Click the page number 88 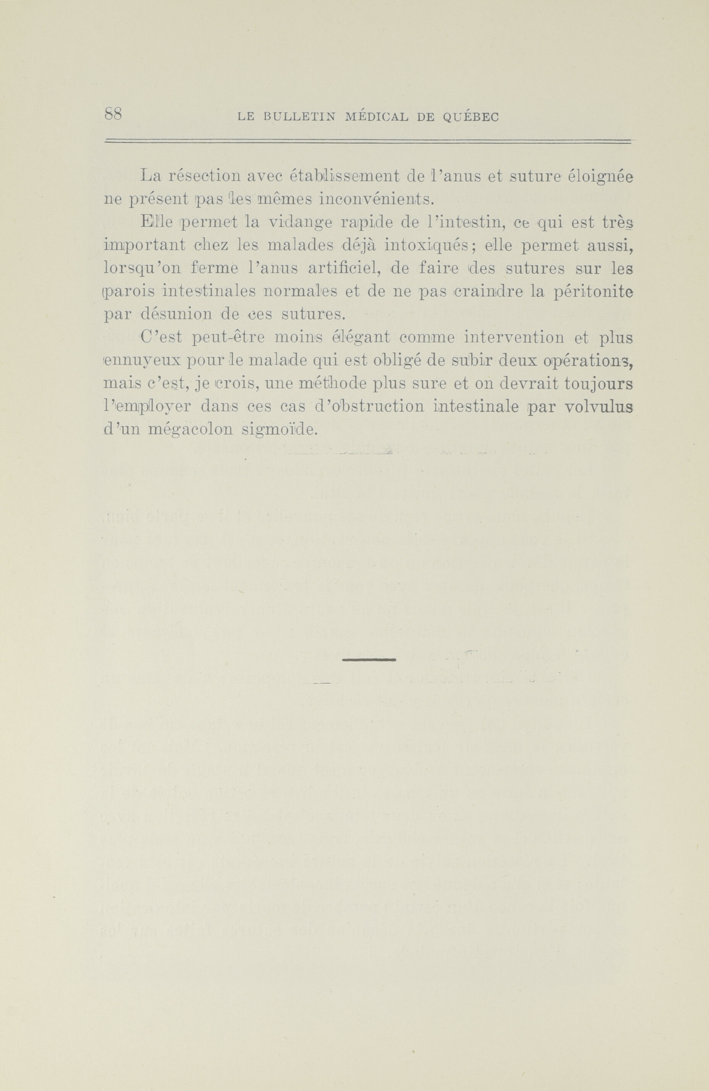(x=113, y=114)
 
